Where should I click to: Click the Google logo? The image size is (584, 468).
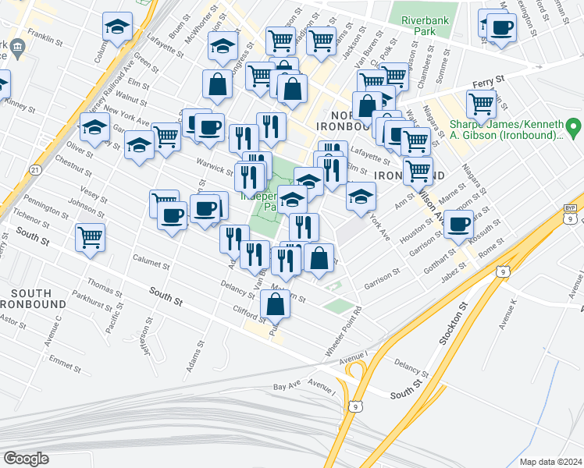coord(26,459)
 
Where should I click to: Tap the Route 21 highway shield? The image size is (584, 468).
coord(34,169)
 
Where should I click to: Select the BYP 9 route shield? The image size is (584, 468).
coord(570,218)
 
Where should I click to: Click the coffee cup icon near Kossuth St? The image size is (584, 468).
coord(458,225)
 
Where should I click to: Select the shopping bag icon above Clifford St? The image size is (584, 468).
coord(276,304)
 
